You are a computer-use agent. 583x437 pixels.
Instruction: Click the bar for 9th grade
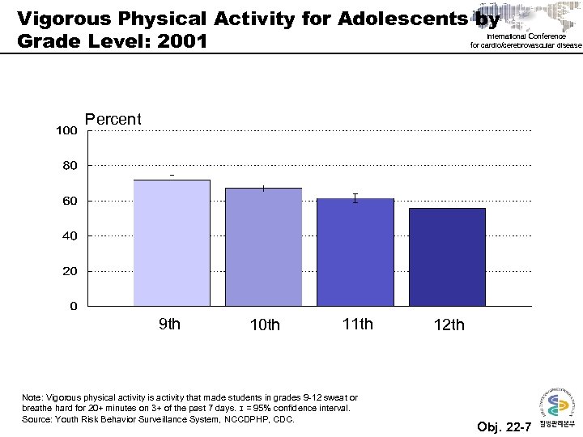(172, 243)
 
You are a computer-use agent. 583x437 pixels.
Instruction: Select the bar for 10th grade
(263, 247)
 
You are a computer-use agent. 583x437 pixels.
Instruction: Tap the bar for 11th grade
(355, 252)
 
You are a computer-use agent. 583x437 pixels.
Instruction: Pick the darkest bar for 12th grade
(447, 257)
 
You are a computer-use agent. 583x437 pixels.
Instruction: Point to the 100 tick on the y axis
(66, 130)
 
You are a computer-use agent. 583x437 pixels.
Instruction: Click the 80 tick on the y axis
(70, 166)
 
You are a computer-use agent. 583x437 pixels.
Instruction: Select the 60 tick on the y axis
(70, 201)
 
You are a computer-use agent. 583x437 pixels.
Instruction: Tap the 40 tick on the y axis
(70, 236)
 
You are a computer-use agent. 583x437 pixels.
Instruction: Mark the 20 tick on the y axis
(70, 272)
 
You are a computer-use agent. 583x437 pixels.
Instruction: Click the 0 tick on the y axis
(74, 307)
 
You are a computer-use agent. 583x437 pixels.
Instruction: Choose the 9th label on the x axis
(169, 325)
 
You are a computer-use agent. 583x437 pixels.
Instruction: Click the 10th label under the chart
(265, 325)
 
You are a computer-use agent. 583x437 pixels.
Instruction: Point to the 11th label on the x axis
(358, 325)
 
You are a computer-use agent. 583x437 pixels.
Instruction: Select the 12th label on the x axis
(449, 325)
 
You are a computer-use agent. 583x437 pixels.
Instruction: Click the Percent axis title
(113, 120)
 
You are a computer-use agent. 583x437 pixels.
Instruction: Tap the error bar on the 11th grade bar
(355, 198)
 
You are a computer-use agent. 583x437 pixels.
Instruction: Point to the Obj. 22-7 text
(504, 427)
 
